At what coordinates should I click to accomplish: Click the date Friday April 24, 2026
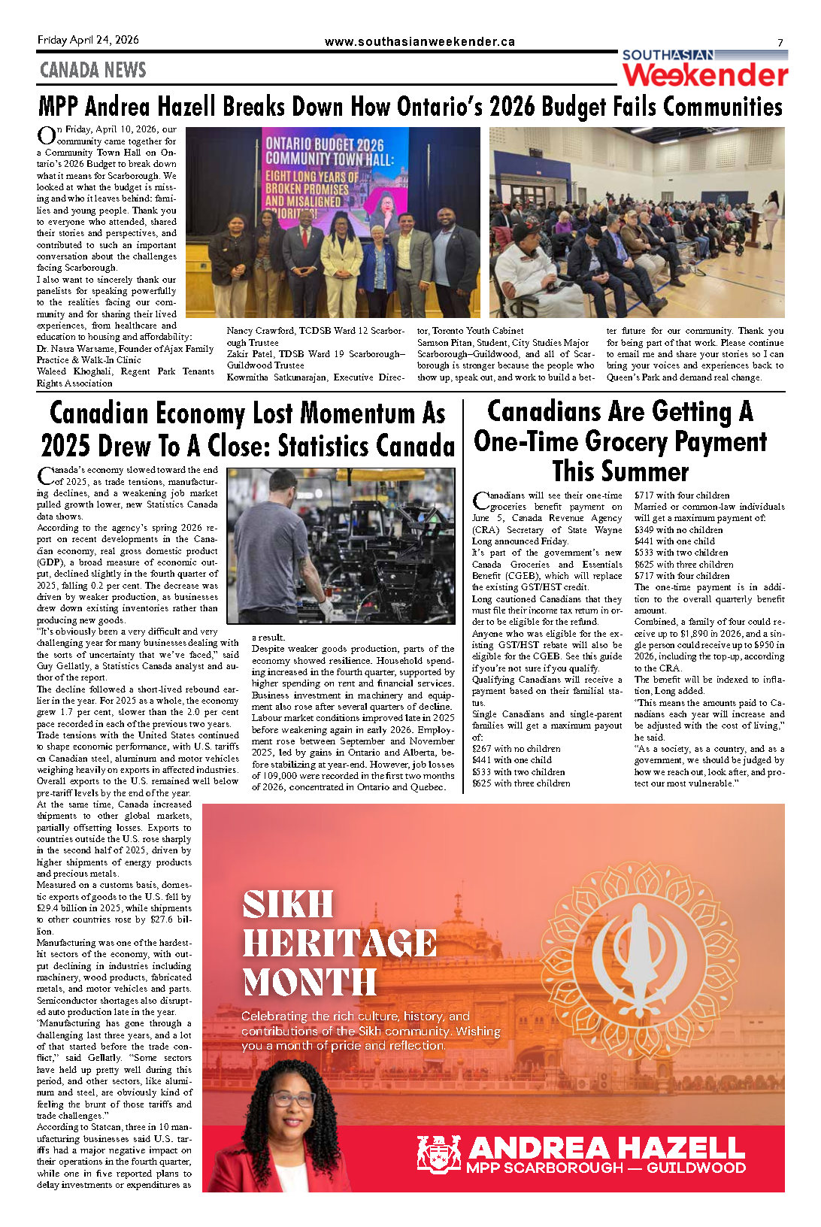point(88,40)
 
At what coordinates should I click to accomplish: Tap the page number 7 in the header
point(780,43)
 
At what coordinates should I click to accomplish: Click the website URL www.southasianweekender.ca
point(420,42)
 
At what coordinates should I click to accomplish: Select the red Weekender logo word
point(704,75)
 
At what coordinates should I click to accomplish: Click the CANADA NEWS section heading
point(92,70)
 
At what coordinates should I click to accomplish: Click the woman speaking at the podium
point(770,218)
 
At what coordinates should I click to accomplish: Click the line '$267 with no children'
point(516,749)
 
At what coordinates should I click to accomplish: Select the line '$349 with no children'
point(678,530)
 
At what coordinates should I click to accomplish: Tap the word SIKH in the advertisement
point(288,904)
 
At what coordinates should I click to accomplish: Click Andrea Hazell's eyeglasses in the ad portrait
point(292,1098)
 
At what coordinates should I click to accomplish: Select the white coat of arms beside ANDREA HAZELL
point(438,1154)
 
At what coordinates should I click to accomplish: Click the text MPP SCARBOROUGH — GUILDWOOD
point(605,1168)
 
